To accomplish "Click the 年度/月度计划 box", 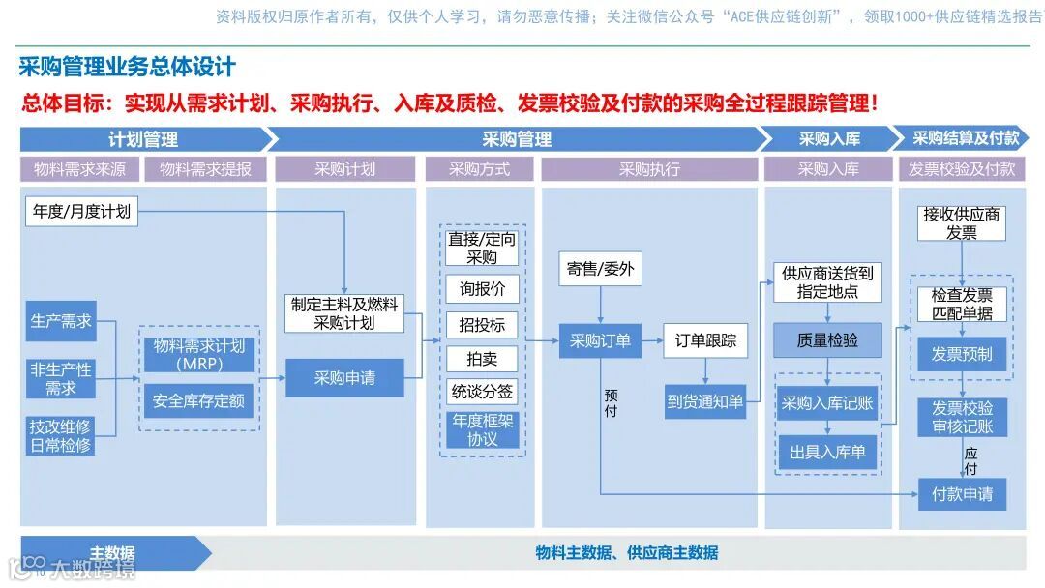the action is point(81,211).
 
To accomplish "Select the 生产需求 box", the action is point(61,321).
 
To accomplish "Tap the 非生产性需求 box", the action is point(61,378).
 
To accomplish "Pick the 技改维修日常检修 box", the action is point(61,435).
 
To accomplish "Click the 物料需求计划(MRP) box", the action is point(198,354).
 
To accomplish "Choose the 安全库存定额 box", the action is point(198,400).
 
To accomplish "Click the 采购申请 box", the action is point(344,378).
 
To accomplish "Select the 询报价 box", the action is point(482,289).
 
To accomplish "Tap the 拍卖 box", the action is point(482,359).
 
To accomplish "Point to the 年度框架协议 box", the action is point(482,430).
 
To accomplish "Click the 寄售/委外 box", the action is point(600,269).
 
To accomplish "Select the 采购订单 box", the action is point(600,340).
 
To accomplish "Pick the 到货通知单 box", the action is point(705,401).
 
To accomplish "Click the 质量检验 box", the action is point(827,340).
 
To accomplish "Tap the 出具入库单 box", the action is point(827,452).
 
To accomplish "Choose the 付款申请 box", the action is point(962,494).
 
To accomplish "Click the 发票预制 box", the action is point(962,354).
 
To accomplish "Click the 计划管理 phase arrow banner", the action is point(143,139).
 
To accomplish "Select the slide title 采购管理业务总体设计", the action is point(127,68).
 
